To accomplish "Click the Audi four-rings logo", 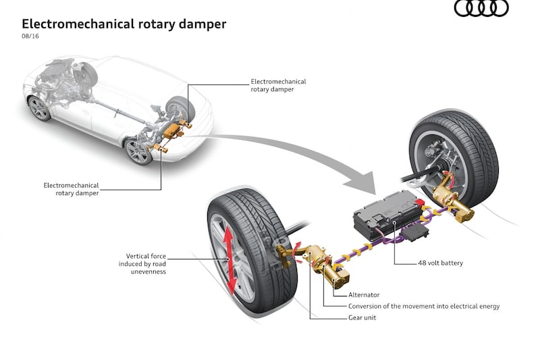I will [481, 8].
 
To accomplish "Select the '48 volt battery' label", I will [440, 263].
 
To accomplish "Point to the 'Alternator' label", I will [364, 294].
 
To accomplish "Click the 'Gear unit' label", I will [362, 317].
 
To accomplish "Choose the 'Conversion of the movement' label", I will [424, 306].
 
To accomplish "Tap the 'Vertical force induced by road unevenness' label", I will [146, 263].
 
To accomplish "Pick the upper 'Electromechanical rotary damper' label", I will [273, 85].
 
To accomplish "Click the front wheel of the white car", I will [39, 108].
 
